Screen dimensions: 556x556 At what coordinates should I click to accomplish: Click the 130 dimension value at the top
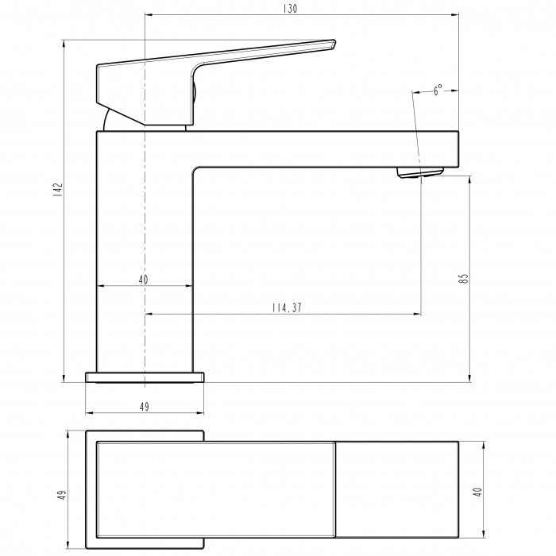pyautogui.click(x=290, y=9)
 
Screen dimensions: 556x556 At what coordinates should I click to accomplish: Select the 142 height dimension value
pyautogui.click(x=58, y=189)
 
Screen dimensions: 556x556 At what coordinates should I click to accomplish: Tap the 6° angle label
pyautogui.click(x=438, y=90)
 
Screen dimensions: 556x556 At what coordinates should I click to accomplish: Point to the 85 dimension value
pyautogui.click(x=463, y=278)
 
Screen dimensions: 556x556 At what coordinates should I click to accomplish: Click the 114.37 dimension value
pyautogui.click(x=287, y=308)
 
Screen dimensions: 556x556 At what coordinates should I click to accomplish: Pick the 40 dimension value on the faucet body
pyautogui.click(x=143, y=280)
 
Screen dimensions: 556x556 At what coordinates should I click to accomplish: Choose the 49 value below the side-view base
pyautogui.click(x=145, y=407)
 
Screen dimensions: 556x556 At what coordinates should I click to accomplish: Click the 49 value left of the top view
pyautogui.click(x=62, y=495)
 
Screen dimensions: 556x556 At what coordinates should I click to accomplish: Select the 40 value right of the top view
pyautogui.click(x=478, y=492)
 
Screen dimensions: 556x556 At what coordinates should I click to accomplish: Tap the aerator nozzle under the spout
pyautogui.click(x=420, y=172)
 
